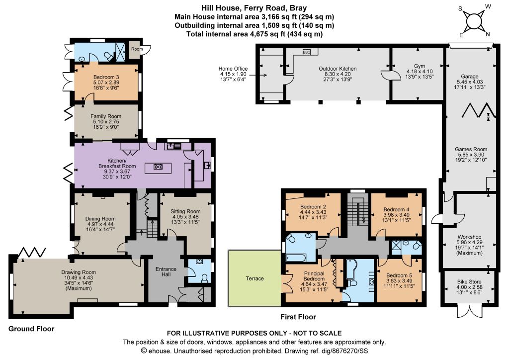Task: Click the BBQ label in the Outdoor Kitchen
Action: (306, 52)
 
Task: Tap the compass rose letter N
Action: (488, 34)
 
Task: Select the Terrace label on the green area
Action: (254, 278)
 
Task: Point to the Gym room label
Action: (420, 66)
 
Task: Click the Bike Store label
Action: (469, 282)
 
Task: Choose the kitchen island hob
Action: (158, 167)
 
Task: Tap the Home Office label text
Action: (233, 69)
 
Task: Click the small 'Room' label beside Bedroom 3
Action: (137, 49)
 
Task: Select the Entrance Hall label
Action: (166, 271)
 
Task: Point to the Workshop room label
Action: (469, 237)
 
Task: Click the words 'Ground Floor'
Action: (31, 329)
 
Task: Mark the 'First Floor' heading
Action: (298, 317)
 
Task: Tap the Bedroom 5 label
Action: (399, 275)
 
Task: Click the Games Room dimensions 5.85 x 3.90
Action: (471, 155)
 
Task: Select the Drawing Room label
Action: (79, 272)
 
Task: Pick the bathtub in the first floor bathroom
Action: (295, 258)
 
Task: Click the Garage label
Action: (469, 76)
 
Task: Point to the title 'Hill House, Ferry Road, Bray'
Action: (254, 8)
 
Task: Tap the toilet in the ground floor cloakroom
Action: (204, 278)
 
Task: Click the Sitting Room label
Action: (185, 211)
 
